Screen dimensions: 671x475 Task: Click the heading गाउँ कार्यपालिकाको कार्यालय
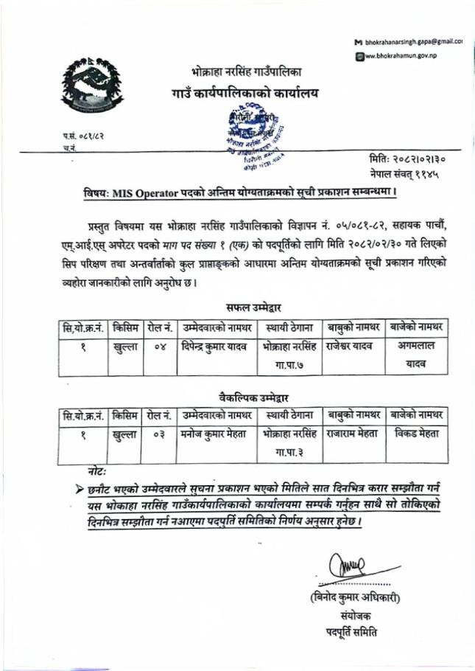245,95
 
